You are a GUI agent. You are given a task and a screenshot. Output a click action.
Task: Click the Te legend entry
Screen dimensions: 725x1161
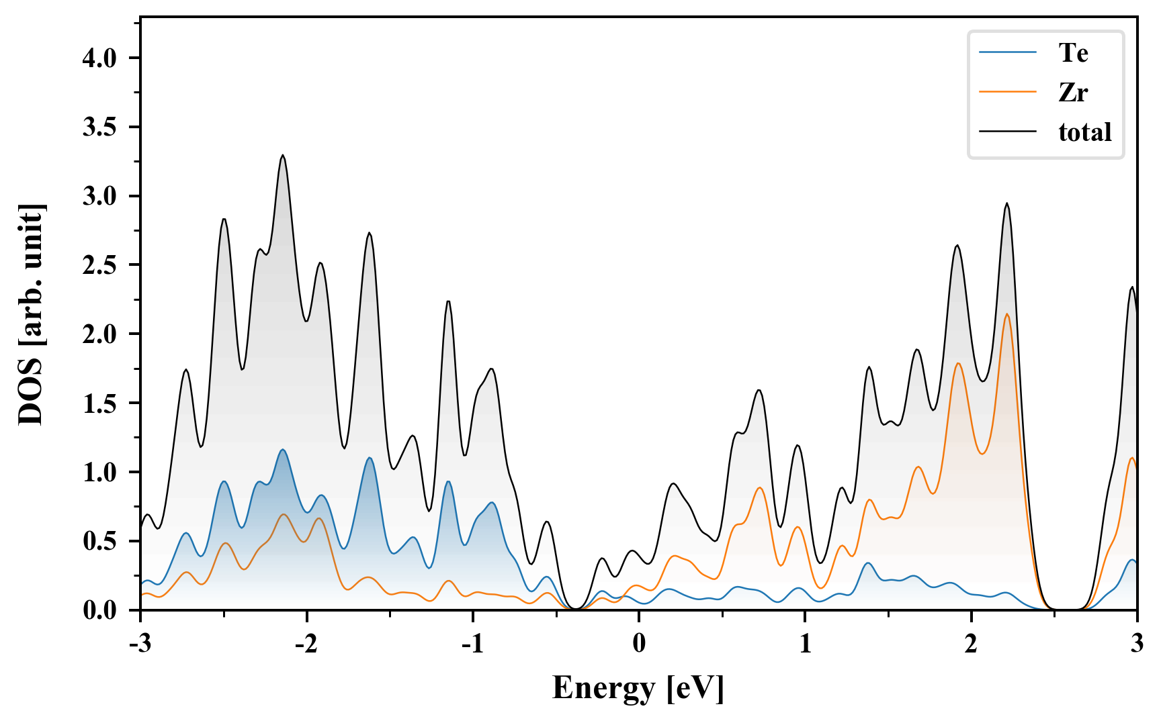click(1073, 52)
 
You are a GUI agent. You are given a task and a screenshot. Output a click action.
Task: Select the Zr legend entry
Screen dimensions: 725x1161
click(1073, 92)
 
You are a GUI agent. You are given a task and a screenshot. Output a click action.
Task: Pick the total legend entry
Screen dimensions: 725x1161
click(1084, 132)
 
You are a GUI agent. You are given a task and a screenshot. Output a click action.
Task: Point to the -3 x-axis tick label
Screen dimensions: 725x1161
click(140, 643)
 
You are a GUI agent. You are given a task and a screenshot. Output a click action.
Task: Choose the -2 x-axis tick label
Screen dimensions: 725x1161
click(306, 643)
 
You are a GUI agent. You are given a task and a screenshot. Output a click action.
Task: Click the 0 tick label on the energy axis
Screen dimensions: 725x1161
click(639, 643)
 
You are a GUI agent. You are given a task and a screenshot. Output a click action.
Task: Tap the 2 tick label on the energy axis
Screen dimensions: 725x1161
click(971, 643)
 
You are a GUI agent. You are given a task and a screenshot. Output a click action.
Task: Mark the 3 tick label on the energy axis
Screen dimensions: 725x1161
click(1137, 643)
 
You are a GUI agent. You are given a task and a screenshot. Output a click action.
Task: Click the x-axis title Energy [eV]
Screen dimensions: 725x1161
click(638, 688)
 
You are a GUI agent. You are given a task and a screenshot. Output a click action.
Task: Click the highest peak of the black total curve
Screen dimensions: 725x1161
click(283, 156)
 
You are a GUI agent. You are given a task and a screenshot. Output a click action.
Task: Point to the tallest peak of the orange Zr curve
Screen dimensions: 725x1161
click(1006, 314)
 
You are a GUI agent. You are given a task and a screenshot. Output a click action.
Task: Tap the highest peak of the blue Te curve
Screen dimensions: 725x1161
click(283, 450)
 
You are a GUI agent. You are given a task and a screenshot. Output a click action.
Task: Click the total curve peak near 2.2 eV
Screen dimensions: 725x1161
click(1006, 203)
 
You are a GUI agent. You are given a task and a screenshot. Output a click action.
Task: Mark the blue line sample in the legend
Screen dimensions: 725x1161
click(1008, 52)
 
